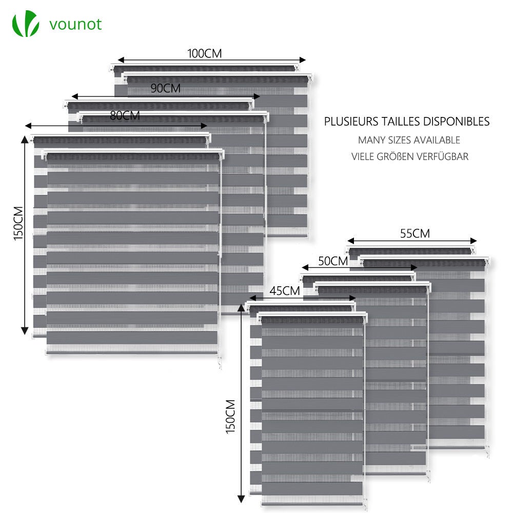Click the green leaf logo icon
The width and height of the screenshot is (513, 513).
pos(26,24)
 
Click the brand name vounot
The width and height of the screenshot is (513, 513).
pos(75,24)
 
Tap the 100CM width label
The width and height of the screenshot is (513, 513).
pos(205,53)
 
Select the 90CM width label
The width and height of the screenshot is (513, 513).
pos(165,88)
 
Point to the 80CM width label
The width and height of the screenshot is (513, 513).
pos(125,116)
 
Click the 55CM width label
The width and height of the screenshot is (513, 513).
pos(415,233)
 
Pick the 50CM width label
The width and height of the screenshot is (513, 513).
pos(333,261)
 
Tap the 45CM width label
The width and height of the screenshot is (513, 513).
pos(284,291)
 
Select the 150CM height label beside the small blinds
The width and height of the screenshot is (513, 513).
pos(231,417)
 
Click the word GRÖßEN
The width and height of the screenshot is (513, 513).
pos(399,156)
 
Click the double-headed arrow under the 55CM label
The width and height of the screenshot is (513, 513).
pos(412,240)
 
